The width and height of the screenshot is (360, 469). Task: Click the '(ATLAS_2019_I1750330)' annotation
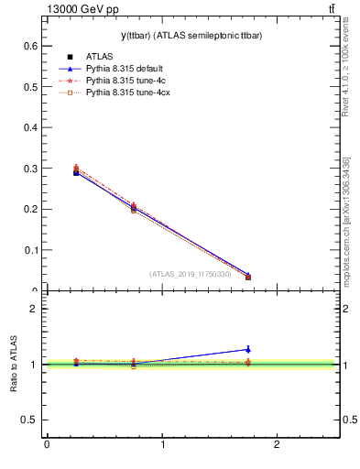pyautogui.click(x=188, y=274)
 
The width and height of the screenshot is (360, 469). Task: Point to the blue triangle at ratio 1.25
pyautogui.click(x=248, y=349)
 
